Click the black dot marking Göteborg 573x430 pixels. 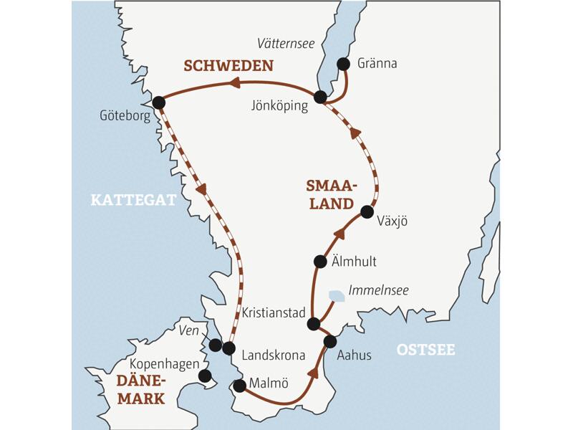coord(159,102)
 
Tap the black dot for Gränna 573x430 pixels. coord(343,64)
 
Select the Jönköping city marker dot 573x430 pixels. coord(321,97)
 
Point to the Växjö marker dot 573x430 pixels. coord(367,211)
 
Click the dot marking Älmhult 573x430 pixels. coord(321,262)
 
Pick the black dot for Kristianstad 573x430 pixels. coord(313,324)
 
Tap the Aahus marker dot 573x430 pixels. coord(330,341)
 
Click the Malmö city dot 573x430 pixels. coord(240,386)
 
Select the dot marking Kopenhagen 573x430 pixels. coord(205,376)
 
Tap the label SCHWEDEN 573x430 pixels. coord(228,66)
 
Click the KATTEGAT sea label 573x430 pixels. coord(133,201)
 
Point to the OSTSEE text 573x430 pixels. coord(425,350)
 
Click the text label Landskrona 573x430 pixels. coord(274,355)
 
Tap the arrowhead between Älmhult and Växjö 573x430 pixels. coord(340,234)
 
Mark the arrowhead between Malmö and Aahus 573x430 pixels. coord(313,373)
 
